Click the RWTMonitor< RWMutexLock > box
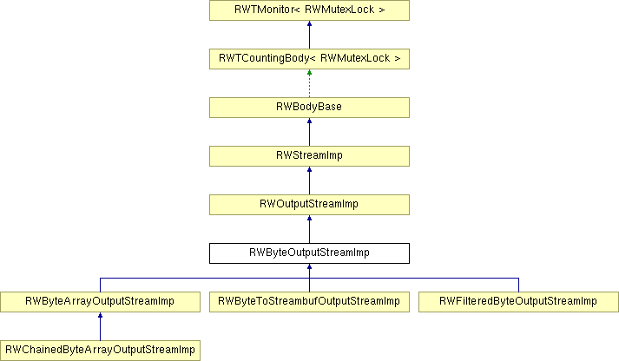309,10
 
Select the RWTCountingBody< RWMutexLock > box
309,59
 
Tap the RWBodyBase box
309,108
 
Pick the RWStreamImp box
309,156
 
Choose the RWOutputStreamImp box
309,205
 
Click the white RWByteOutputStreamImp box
309,253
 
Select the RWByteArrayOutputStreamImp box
100,302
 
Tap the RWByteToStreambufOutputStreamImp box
309,302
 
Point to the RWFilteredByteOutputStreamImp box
518,302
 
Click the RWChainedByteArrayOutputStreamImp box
100,351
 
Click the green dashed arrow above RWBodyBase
309,83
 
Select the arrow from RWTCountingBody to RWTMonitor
309,35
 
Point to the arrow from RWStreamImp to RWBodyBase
309,132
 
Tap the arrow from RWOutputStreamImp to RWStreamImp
309,180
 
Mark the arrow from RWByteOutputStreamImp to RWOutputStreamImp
309,229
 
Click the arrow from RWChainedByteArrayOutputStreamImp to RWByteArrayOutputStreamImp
100,326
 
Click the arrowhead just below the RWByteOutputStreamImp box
309,266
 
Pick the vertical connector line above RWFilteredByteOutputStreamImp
519,285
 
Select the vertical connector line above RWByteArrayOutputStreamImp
100,285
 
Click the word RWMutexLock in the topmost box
339,10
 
